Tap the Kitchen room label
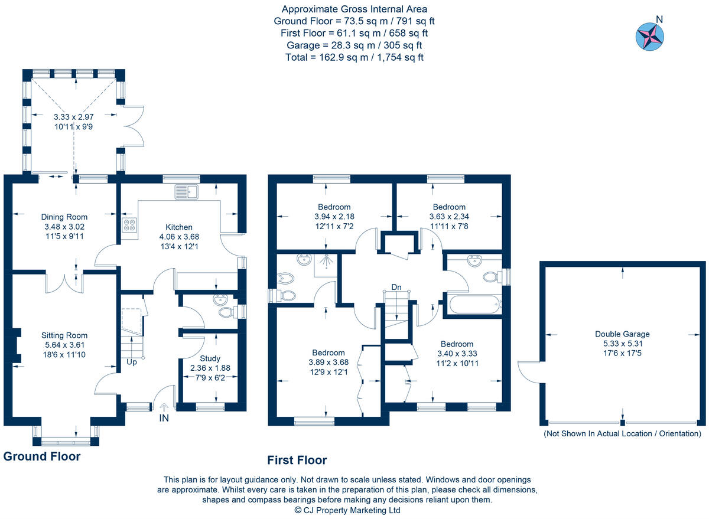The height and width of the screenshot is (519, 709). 178,227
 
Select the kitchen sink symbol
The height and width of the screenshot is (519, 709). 188,191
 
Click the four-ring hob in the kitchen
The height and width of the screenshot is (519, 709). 129,225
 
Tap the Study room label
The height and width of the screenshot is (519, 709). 210,358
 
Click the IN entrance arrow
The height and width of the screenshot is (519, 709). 164,407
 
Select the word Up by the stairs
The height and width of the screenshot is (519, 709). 131,362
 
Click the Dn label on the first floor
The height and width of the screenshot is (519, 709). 396,288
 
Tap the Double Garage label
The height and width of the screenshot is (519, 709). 622,334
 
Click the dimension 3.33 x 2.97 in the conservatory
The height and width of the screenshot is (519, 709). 73,117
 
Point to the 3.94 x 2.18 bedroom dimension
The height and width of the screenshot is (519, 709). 334,217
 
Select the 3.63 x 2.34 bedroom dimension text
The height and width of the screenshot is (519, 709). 448,217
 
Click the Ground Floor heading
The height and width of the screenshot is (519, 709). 42,456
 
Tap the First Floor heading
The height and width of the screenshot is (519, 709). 297,461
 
